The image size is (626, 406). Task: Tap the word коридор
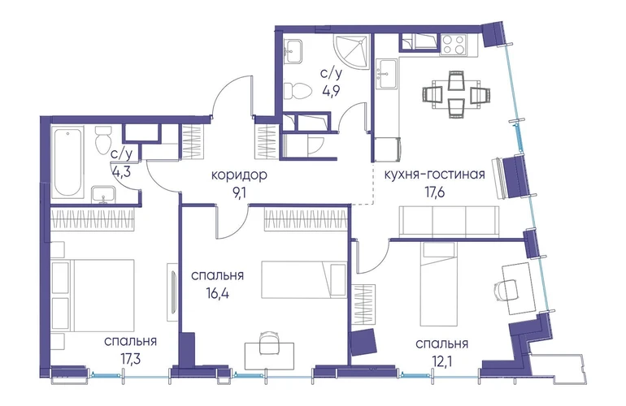pyautogui.click(x=238, y=175)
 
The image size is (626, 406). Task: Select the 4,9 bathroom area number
pyautogui.click(x=331, y=90)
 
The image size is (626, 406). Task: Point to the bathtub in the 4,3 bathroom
pyautogui.click(x=67, y=162)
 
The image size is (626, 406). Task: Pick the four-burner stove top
pyautogui.click(x=454, y=45)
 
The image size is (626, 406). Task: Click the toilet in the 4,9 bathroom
pyautogui.click(x=297, y=91)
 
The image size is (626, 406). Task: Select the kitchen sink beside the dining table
pyautogui.click(x=387, y=73)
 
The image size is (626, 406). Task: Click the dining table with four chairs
pyautogui.click(x=456, y=94)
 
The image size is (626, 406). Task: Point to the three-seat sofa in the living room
pyautogui.click(x=449, y=222)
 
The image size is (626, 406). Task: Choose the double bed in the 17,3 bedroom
pyautogui.click(x=93, y=295)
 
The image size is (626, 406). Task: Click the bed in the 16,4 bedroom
pyautogui.click(x=304, y=279)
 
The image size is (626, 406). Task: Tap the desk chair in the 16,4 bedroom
pyautogui.click(x=268, y=342)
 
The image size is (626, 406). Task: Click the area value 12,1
pyautogui.click(x=441, y=361)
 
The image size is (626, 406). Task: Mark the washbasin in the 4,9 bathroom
pyautogui.click(x=293, y=50)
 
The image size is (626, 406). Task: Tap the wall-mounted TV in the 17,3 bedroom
pyautogui.click(x=172, y=292)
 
